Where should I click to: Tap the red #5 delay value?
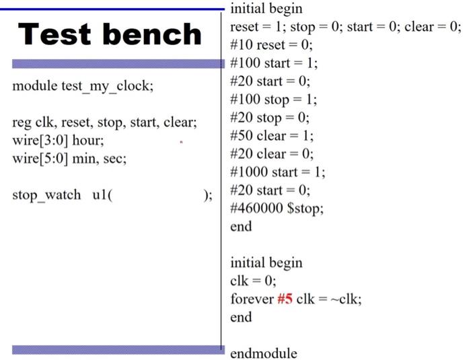coord(285,299)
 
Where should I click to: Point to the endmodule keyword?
coord(263,353)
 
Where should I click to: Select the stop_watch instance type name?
coord(44,195)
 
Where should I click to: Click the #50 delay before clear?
coord(240,135)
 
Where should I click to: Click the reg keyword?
coord(21,123)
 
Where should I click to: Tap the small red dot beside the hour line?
coord(181,142)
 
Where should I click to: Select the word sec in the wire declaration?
coord(115,159)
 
